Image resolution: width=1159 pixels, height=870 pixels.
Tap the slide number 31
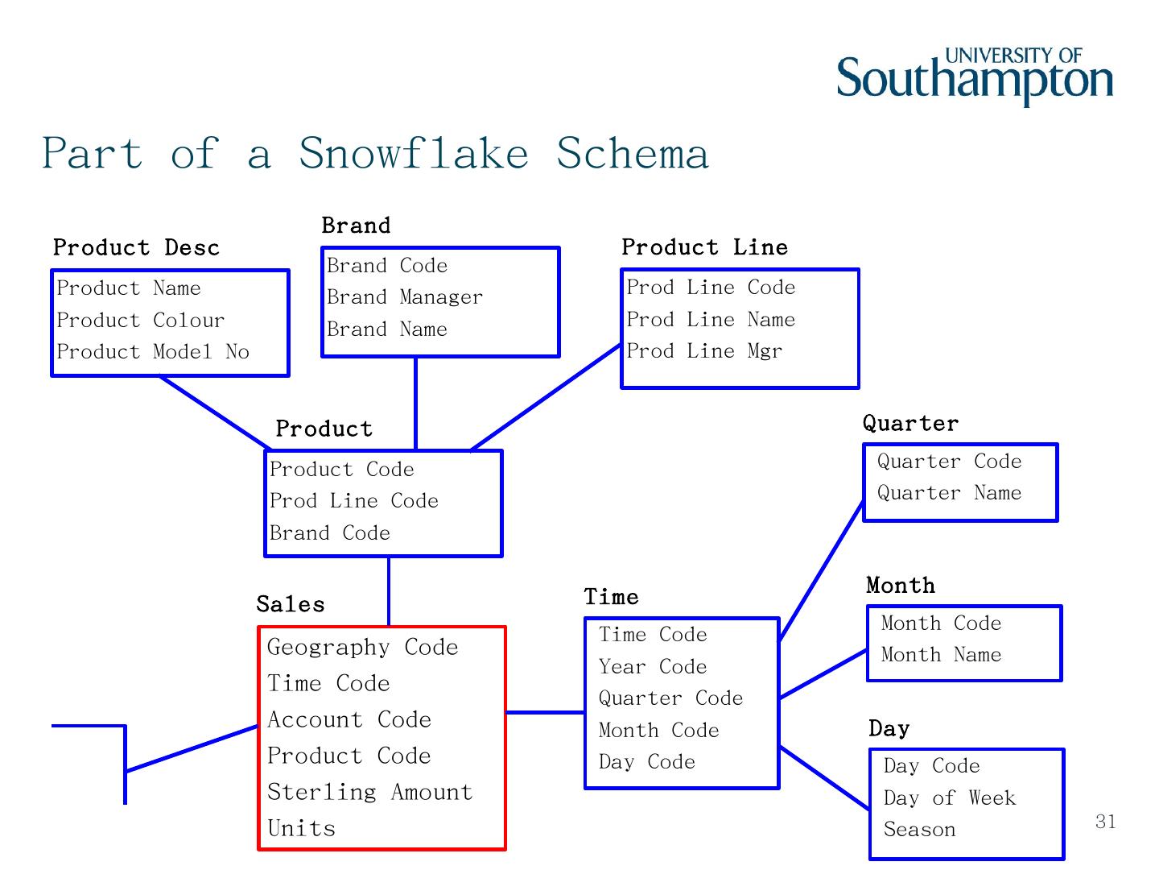tap(1106, 821)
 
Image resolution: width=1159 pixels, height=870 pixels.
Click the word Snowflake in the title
tap(414, 153)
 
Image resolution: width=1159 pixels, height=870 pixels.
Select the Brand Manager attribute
tap(405, 297)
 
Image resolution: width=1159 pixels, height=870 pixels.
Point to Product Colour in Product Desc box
tap(141, 321)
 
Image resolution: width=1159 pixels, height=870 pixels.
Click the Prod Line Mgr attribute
tap(704, 351)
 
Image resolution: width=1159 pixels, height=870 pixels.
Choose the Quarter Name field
tap(949, 493)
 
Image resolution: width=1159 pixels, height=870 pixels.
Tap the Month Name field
tap(941, 655)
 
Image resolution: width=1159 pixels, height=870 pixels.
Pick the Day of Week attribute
tap(950, 798)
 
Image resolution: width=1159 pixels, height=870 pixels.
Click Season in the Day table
tap(920, 830)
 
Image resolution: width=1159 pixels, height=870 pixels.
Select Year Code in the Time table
tap(653, 667)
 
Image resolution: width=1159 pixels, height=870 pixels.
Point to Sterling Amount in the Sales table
tap(369, 793)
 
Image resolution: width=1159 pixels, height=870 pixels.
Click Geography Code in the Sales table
tap(362, 648)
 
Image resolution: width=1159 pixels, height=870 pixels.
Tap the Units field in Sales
tap(301, 829)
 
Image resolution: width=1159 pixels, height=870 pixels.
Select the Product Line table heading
tap(704, 247)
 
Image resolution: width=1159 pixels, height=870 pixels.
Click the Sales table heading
tap(291, 604)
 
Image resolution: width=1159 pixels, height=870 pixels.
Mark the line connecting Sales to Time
tap(545, 712)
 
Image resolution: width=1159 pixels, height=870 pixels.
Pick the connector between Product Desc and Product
tap(215, 412)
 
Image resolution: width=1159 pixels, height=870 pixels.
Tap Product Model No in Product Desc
tap(153, 352)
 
